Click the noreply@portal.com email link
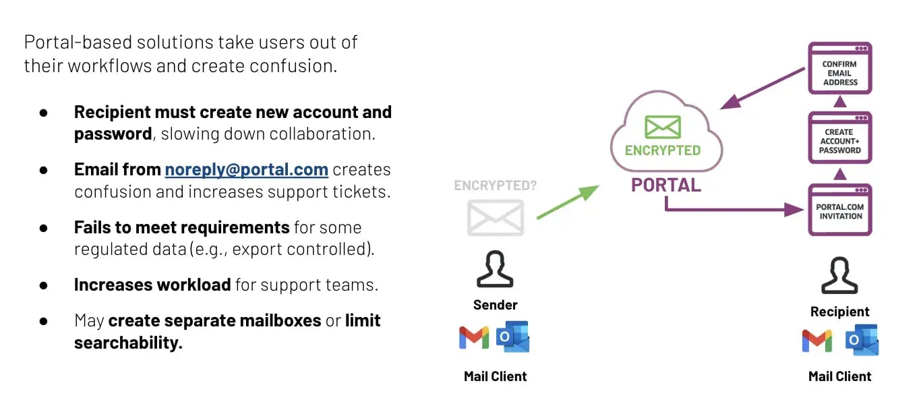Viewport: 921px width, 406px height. (x=246, y=169)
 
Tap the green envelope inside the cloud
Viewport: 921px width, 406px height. (x=662, y=127)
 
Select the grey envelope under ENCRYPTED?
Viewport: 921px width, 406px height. (x=496, y=218)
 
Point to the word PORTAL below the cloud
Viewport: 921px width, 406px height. (x=665, y=185)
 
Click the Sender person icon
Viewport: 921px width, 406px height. (x=495, y=270)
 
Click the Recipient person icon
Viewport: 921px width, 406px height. (x=839, y=275)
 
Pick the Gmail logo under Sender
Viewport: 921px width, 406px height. (x=474, y=337)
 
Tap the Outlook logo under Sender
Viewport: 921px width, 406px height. (x=512, y=337)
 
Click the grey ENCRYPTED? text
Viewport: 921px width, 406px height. (x=495, y=185)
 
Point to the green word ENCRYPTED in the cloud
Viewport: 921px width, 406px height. (x=662, y=150)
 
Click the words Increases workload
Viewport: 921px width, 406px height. (x=152, y=285)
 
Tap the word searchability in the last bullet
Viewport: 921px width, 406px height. (x=128, y=343)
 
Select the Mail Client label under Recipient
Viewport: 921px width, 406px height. (x=839, y=376)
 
